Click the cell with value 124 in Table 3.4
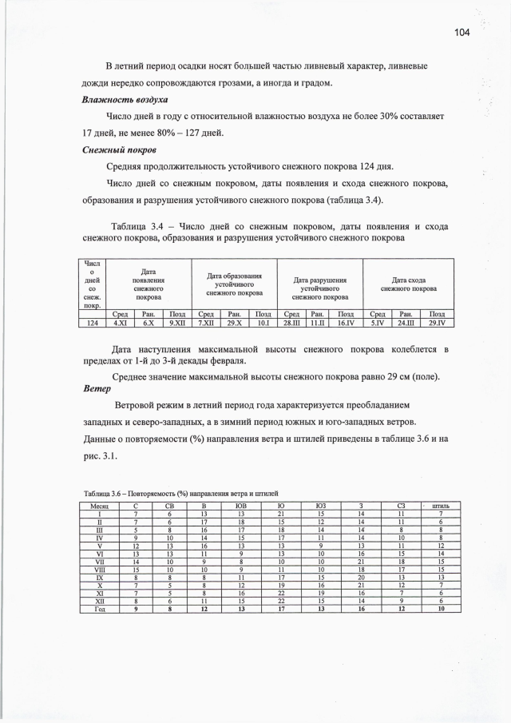click(93, 324)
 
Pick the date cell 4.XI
click(121, 324)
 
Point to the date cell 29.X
click(234, 324)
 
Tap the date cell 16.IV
click(346, 324)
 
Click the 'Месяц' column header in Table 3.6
click(99, 505)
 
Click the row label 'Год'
click(99, 608)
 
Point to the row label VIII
click(99, 568)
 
